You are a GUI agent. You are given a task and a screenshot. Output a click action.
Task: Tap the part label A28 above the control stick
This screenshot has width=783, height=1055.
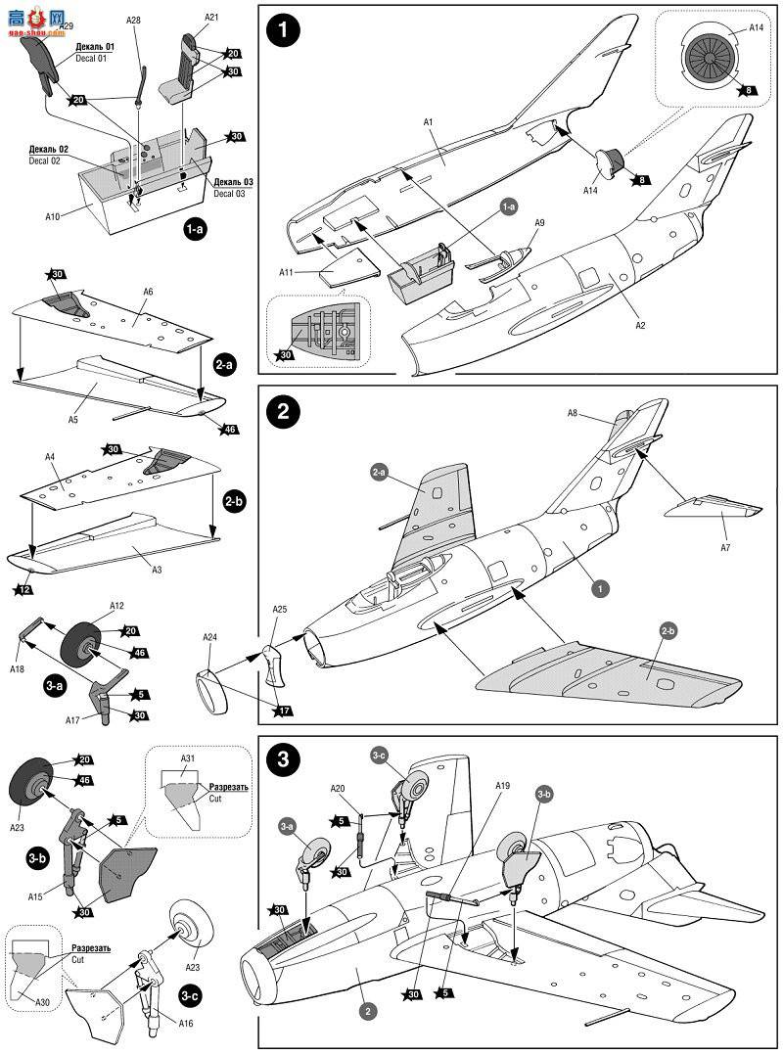pyautogui.click(x=133, y=21)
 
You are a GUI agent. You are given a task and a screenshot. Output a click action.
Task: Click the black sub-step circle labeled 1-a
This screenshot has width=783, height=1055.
pyautogui.click(x=196, y=230)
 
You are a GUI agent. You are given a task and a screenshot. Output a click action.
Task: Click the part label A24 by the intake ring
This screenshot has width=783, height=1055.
pyautogui.click(x=210, y=637)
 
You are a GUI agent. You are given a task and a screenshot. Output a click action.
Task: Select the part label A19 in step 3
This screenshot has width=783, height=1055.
pyautogui.click(x=502, y=786)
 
